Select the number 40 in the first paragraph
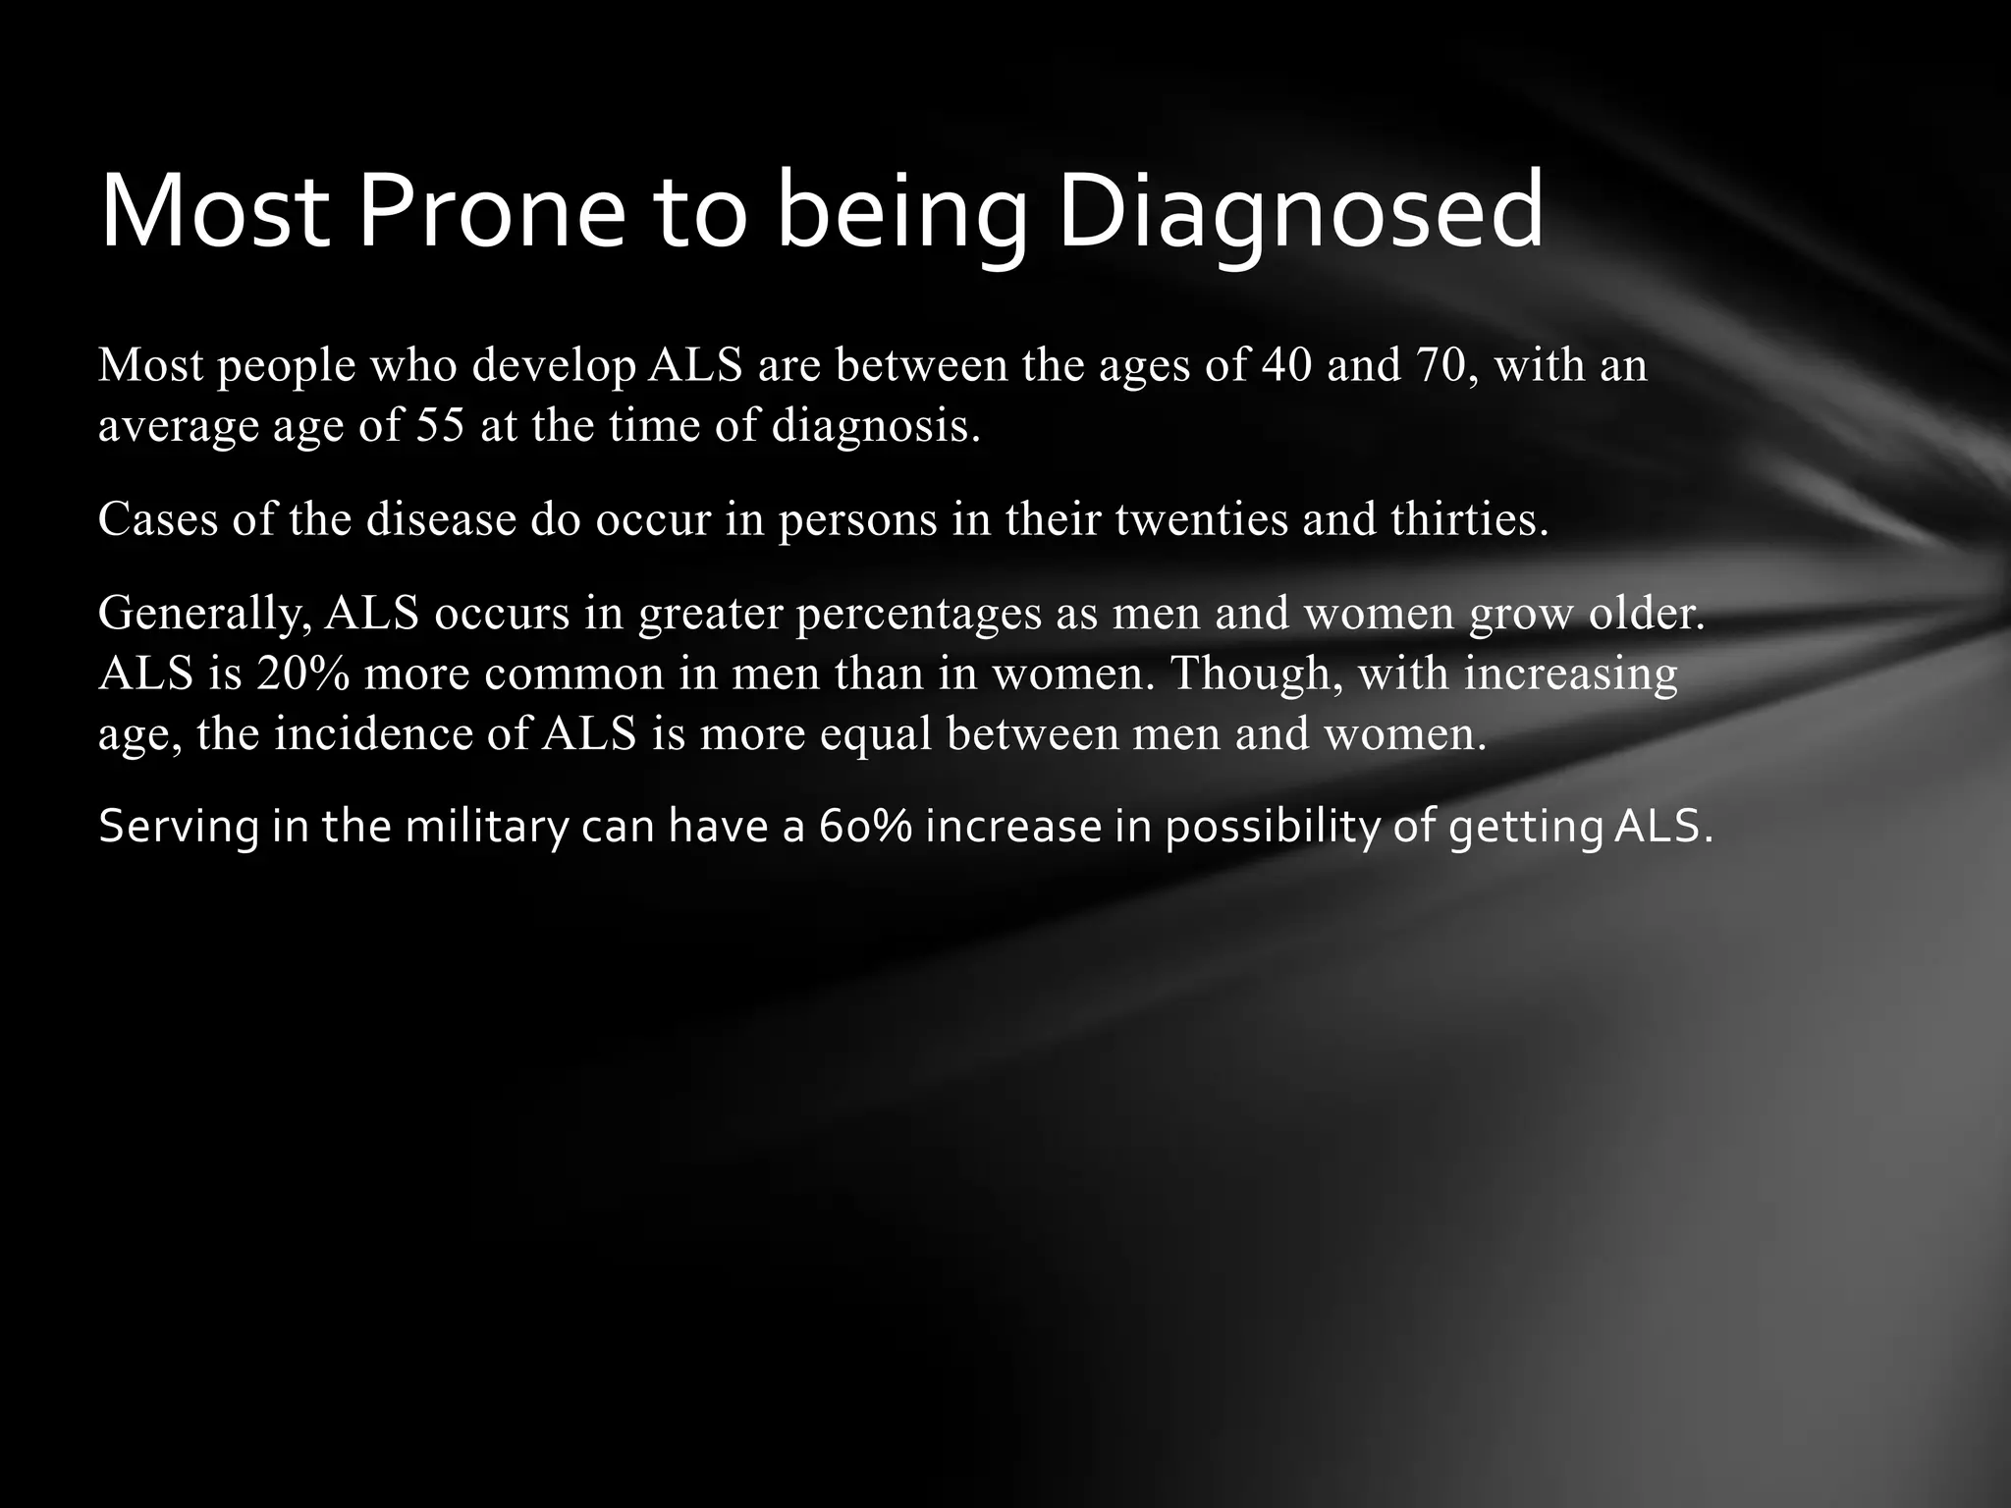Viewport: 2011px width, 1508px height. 1286,365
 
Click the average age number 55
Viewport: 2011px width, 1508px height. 440,425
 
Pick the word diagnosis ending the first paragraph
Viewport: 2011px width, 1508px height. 876,425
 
